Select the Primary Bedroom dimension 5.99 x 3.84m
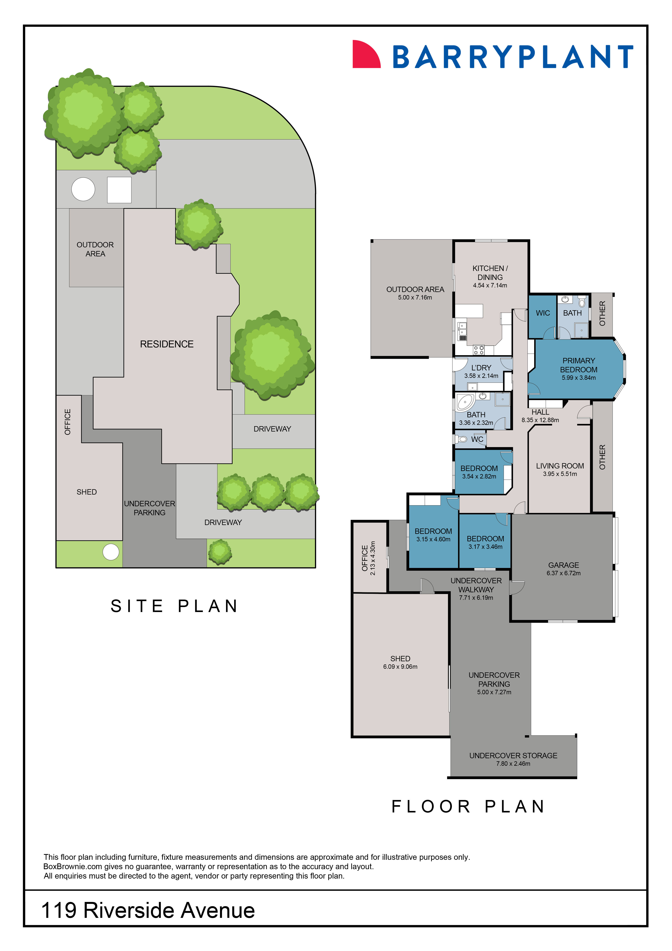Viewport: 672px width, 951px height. [579, 378]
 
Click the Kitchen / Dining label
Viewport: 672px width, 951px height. [490, 272]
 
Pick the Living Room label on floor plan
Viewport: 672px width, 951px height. [560, 466]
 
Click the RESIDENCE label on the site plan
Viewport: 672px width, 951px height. [166, 344]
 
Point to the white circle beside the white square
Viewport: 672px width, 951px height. [83, 189]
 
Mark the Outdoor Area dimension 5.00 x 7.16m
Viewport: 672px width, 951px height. [415, 297]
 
